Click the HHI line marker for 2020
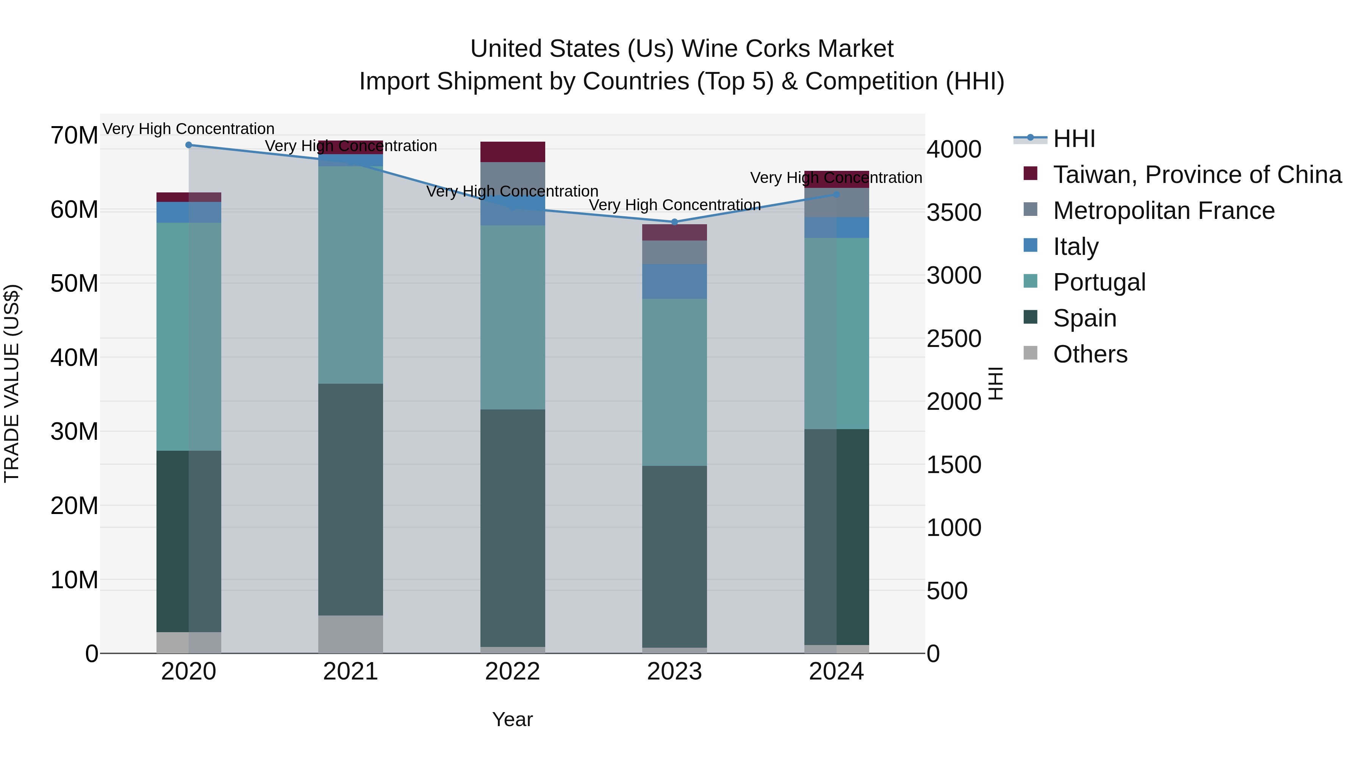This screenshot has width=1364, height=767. click(x=189, y=145)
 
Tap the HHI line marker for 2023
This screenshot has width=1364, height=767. click(x=674, y=222)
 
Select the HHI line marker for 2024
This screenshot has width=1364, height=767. click(x=836, y=195)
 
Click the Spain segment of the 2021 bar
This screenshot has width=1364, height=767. click(x=350, y=499)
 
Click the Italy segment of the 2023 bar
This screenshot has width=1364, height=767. click(x=674, y=281)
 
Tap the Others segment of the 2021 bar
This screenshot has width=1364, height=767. click(x=350, y=634)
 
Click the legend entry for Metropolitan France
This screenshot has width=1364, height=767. click(x=1163, y=211)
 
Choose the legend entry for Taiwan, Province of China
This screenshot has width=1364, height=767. click(x=1197, y=175)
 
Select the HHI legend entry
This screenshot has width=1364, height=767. click(x=1073, y=139)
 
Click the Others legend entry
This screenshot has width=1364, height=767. click(x=1090, y=354)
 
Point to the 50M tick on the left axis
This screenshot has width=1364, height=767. click(x=74, y=284)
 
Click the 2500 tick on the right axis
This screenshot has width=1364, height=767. click(x=953, y=339)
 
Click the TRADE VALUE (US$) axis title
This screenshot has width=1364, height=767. click(x=12, y=383)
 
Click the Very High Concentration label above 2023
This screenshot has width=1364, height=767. click(x=674, y=205)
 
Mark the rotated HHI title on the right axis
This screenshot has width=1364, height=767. click(x=995, y=383)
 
